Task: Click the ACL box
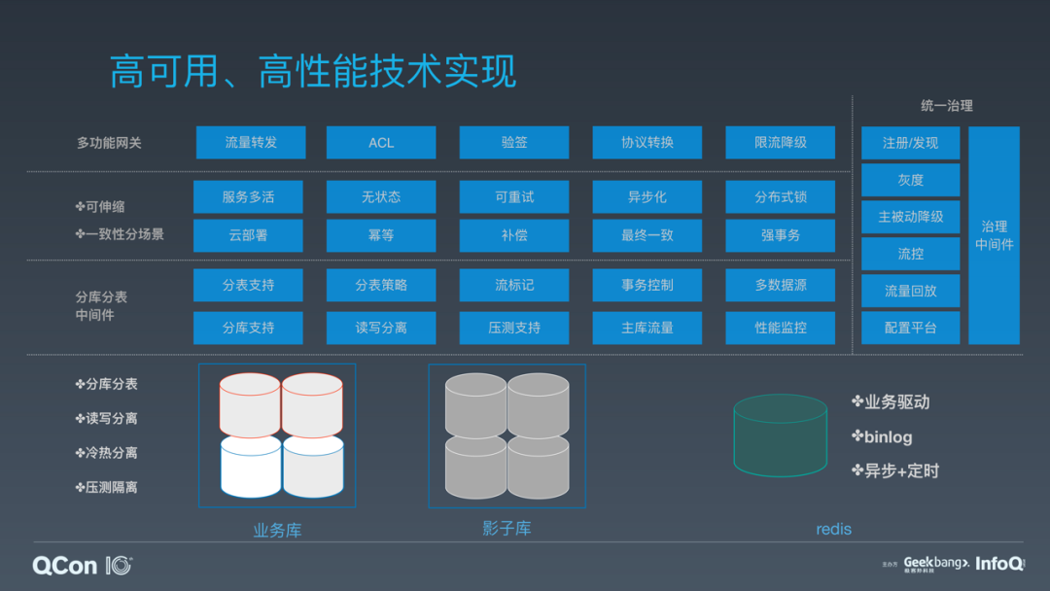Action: (x=381, y=143)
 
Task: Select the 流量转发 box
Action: (x=251, y=143)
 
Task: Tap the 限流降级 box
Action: (x=780, y=143)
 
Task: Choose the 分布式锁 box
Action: (x=780, y=197)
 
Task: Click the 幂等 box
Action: (x=381, y=235)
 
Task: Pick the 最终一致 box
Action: (x=647, y=235)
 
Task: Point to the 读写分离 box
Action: (x=381, y=328)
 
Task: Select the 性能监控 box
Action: (x=780, y=328)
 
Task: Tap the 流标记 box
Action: (x=514, y=286)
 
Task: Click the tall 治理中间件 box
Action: (x=994, y=235)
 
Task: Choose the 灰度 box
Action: (x=910, y=180)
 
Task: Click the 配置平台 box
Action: (x=910, y=328)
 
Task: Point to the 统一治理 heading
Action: (x=946, y=106)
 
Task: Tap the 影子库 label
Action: (x=507, y=529)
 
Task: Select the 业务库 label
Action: (x=277, y=531)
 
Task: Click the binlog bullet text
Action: (x=888, y=437)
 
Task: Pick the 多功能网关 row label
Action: (x=109, y=143)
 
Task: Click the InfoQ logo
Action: (x=999, y=563)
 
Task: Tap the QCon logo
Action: (x=82, y=565)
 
